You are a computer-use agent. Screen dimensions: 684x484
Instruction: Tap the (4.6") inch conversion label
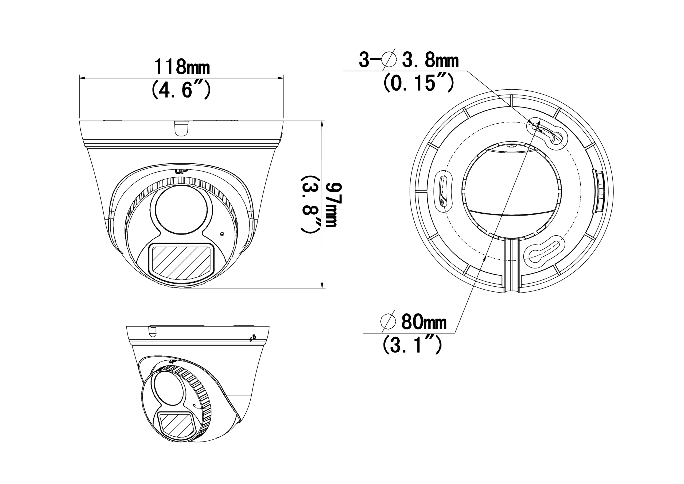[x=181, y=90]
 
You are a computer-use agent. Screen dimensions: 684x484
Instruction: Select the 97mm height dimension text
[x=333, y=205]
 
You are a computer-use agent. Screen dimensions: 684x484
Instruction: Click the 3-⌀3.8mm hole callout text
[x=409, y=60]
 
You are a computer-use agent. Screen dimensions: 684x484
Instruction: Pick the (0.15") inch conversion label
[x=419, y=83]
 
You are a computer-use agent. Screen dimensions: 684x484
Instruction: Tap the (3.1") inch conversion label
[x=412, y=345]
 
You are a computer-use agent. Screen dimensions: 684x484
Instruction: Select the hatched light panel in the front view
[x=181, y=262]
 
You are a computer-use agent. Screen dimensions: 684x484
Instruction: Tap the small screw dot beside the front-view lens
[x=221, y=234]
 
